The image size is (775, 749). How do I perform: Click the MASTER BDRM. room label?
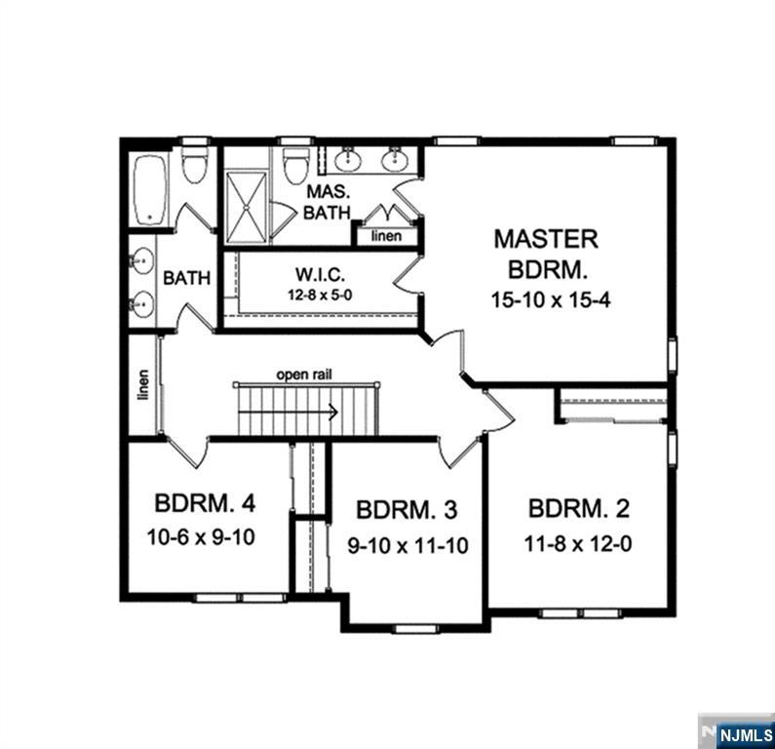click(545, 253)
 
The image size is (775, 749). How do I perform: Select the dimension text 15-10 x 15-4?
click(551, 299)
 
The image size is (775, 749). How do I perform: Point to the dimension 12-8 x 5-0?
click(321, 293)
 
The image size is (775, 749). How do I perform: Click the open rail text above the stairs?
click(304, 373)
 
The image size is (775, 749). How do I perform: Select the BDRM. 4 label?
click(205, 504)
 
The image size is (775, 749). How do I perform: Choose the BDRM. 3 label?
click(407, 511)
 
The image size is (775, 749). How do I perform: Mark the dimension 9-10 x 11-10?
click(407, 546)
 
